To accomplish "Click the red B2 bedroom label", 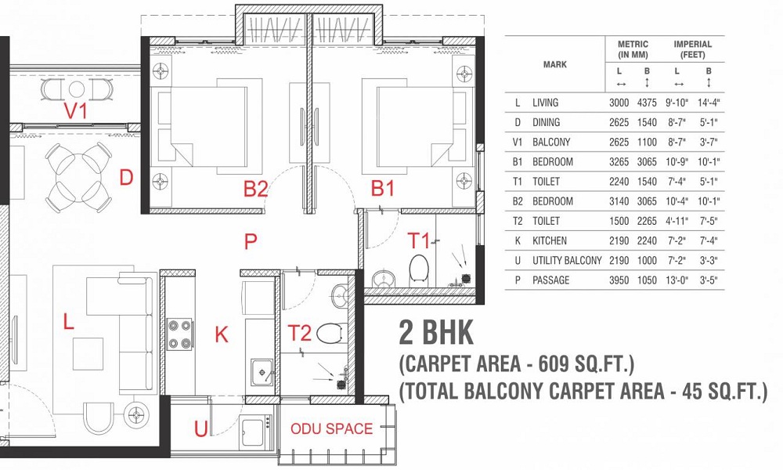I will click(256, 189).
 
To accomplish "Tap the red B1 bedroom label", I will click(382, 189).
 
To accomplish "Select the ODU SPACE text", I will click(332, 429).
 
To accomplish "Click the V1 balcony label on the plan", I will click(76, 112).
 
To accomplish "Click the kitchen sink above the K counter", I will click(262, 370).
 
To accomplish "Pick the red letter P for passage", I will click(251, 242).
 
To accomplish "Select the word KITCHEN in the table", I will click(550, 240).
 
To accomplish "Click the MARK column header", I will click(555, 64).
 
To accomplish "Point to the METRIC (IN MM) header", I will click(633, 49).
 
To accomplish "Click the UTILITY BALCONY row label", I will click(567, 260).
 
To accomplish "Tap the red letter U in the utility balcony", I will click(201, 428).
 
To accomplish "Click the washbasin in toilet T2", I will click(341, 296).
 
